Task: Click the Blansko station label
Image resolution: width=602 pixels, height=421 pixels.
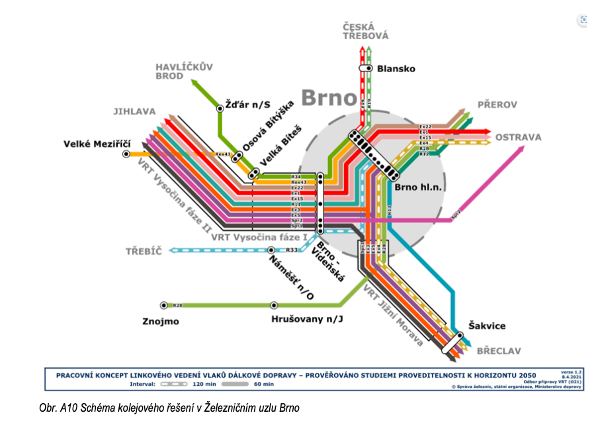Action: pyautogui.click(x=396, y=68)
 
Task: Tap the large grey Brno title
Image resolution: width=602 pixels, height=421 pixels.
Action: pyautogui.click(x=329, y=98)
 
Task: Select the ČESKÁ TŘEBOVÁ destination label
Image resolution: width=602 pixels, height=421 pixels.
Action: pyautogui.click(x=365, y=31)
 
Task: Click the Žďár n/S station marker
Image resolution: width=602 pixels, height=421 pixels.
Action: pyautogui.click(x=220, y=107)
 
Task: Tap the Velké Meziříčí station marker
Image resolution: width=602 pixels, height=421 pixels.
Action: pyautogui.click(x=126, y=154)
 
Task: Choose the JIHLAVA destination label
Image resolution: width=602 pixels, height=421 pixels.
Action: pyautogui.click(x=134, y=112)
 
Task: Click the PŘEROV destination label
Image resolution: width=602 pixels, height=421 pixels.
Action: pyautogui.click(x=497, y=105)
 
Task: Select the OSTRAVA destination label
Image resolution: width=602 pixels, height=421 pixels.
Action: pyautogui.click(x=518, y=138)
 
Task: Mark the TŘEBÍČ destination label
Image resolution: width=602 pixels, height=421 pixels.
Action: pyautogui.click(x=144, y=251)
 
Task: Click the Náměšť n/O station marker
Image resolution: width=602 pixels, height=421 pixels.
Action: pyautogui.click(x=271, y=250)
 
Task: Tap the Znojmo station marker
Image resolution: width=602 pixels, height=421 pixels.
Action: pyautogui.click(x=164, y=305)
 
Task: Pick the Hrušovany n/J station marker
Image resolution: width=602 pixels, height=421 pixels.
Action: pyautogui.click(x=274, y=305)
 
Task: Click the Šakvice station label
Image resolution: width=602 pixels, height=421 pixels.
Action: pyautogui.click(x=487, y=326)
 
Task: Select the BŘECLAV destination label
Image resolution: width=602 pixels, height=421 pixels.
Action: pyautogui.click(x=499, y=350)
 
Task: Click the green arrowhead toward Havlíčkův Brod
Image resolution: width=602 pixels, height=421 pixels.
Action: pyautogui.click(x=195, y=83)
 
